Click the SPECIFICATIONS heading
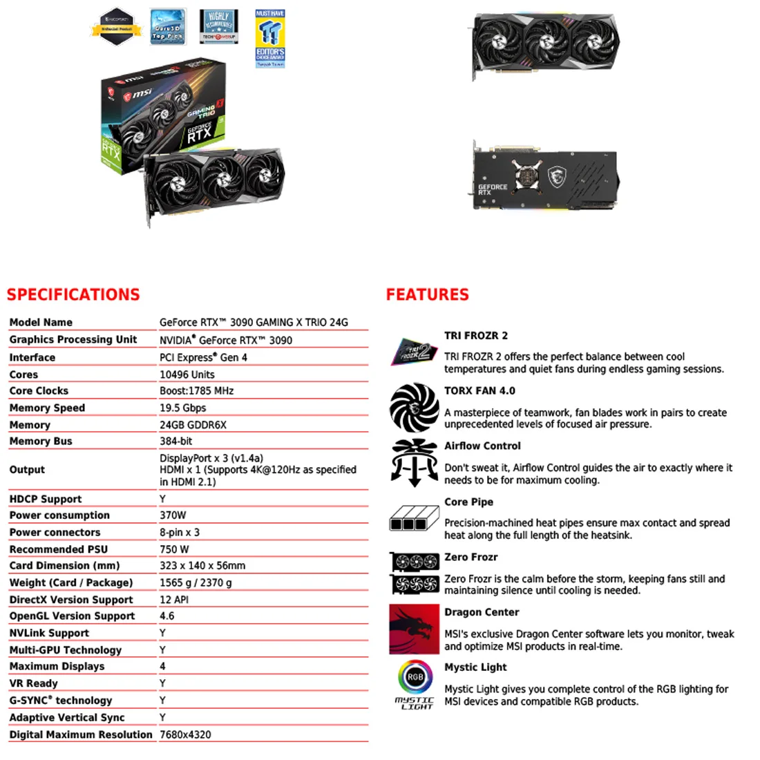tap(73, 295)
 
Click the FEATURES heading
tap(427, 295)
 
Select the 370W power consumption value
tap(173, 515)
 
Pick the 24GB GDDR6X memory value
tap(193, 425)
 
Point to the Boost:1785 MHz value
tap(197, 391)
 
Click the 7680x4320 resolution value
tap(185, 734)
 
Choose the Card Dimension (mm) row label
tap(64, 566)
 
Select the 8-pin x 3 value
tap(180, 533)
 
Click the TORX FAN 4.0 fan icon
tap(414, 408)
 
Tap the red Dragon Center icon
tap(414, 629)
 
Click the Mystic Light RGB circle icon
tap(415, 677)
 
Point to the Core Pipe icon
tap(414, 518)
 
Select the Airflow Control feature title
tap(482, 446)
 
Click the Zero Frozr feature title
tap(471, 557)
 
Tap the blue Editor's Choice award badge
tap(269, 38)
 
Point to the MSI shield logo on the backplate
tap(558, 178)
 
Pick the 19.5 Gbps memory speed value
tap(183, 408)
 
